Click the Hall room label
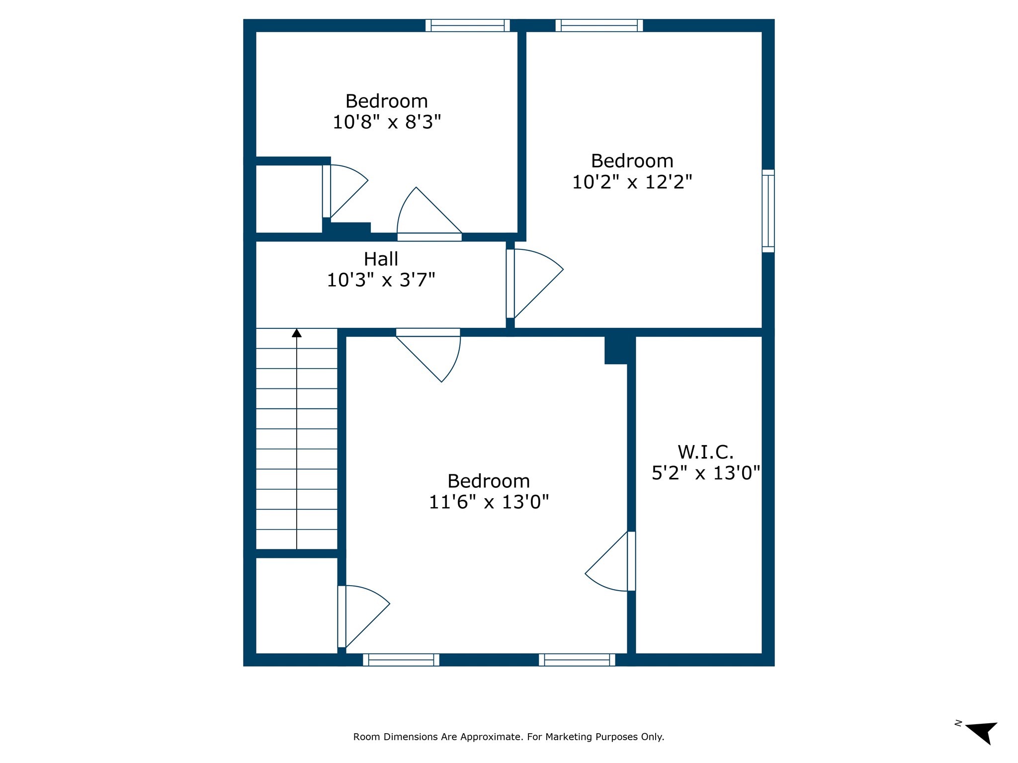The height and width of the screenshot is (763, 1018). pos(381,259)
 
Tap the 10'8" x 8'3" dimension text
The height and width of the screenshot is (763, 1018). pos(387,122)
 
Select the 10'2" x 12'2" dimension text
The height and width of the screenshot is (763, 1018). pos(632,182)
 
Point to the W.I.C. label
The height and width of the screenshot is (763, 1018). pos(705,452)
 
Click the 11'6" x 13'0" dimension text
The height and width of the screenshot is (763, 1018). pos(489,502)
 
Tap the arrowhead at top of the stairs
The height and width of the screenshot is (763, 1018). pos(297,333)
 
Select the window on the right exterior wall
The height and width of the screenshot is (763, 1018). pos(768,211)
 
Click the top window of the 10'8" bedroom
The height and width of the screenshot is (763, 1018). pos(467,25)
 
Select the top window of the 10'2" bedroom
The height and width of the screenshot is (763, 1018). pos(599,25)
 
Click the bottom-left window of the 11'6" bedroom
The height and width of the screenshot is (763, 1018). pos(401,660)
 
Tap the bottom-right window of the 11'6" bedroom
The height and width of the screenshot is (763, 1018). pos(577,660)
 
